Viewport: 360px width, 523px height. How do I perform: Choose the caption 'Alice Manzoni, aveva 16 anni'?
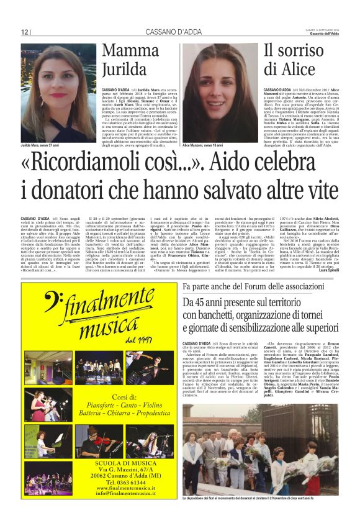[204, 145]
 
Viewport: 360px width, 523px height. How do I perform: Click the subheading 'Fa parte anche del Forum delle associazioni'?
[256, 287]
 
